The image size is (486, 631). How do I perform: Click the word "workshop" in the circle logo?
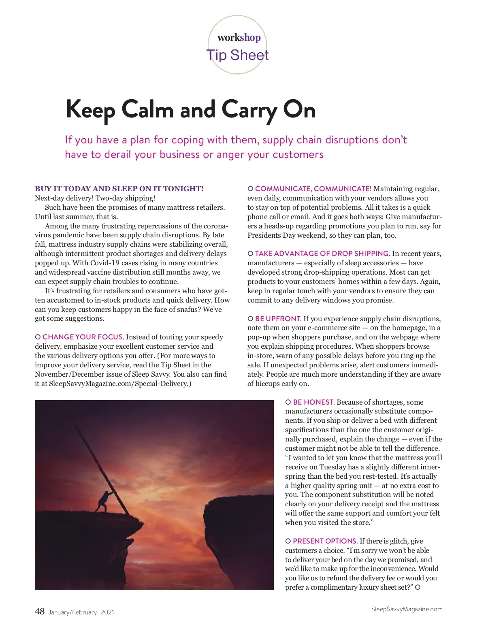239,38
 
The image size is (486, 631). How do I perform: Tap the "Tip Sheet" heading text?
238,55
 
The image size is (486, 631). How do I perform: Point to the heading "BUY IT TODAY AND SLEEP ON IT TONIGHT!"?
119,189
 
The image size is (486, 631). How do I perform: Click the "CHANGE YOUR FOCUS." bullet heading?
83,337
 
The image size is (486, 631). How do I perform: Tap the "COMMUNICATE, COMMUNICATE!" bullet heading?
313,189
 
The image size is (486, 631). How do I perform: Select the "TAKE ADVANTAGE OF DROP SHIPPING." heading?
322,254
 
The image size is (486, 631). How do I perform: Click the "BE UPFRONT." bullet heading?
278,319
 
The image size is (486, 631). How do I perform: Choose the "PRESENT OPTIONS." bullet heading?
325,541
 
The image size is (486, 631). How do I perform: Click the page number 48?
40,612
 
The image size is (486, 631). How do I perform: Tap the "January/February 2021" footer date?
81,612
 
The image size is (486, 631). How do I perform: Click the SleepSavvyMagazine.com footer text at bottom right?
407,609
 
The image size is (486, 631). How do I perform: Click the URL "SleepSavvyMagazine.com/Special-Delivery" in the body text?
118,384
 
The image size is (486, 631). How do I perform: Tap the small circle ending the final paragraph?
418,587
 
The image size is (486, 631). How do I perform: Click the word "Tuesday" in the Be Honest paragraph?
333,467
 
